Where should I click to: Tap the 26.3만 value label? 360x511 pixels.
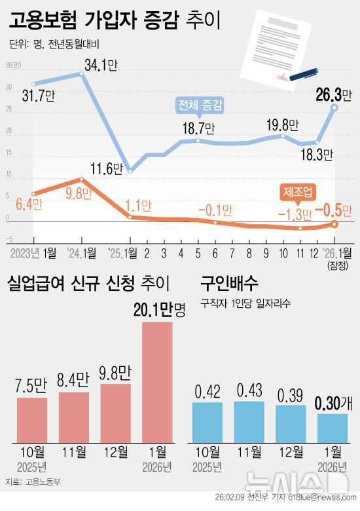click(334, 95)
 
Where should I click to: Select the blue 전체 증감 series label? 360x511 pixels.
click(201, 105)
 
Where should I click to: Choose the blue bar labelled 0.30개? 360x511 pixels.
click(333, 427)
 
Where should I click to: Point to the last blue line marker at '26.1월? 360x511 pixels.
click(334, 108)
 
